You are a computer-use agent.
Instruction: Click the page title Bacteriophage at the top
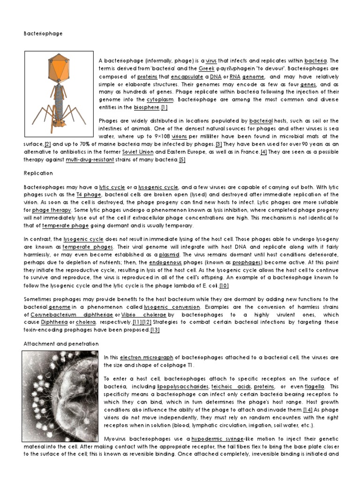point(43,34)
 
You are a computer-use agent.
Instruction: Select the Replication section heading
point(38,173)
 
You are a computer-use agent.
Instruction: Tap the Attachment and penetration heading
point(61,344)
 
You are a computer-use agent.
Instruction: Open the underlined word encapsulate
point(187,76)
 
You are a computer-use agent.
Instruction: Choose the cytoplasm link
point(160,99)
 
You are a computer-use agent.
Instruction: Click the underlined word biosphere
point(146,107)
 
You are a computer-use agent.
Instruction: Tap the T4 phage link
point(89,194)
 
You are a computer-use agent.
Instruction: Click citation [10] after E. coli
point(224,285)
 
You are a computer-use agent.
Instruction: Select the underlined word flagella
point(315,387)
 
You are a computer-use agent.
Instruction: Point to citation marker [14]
point(307,410)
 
